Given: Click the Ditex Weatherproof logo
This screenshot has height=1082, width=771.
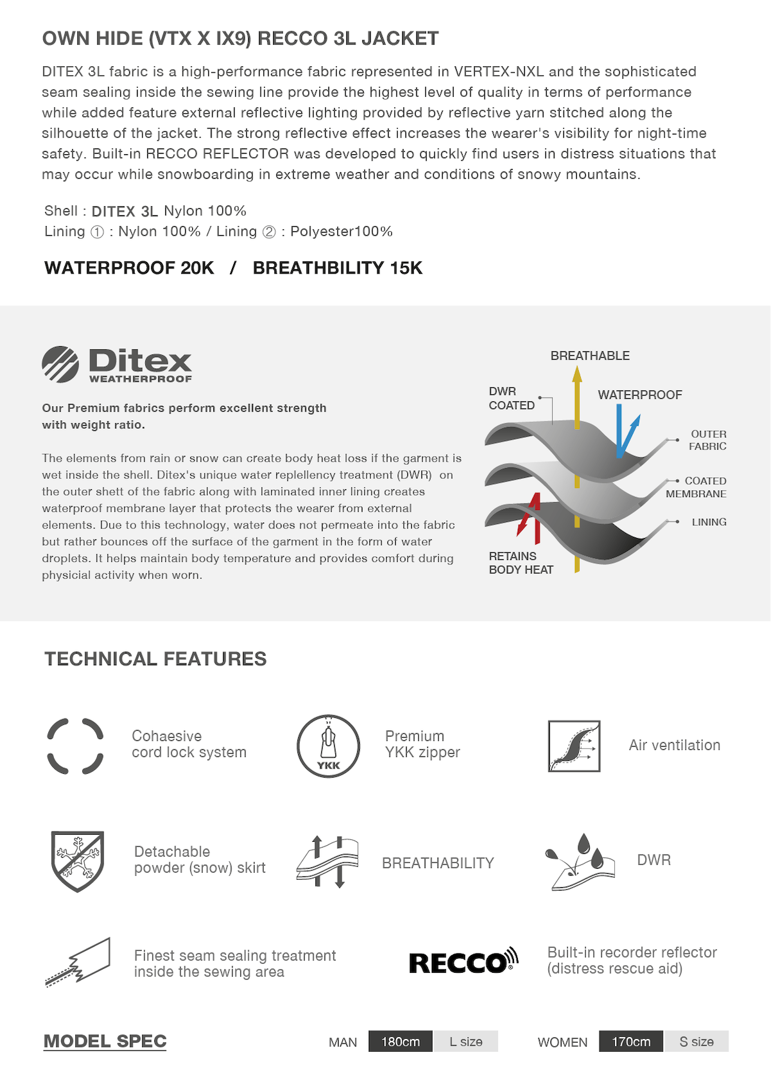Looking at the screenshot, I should (117, 365).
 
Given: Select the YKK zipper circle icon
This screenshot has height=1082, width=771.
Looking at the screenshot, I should (328, 746).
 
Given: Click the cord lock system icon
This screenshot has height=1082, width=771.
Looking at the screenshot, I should (75, 746).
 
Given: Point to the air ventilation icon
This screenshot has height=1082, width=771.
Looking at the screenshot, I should (574, 746).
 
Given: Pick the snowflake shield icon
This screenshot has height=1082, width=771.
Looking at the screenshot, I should (77, 860).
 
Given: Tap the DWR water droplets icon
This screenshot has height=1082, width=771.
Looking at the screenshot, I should (580, 862).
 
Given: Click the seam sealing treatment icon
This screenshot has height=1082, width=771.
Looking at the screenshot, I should (78, 962).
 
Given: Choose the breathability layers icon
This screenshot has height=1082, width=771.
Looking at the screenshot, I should (328, 862).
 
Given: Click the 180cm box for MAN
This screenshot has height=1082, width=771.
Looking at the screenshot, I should (400, 1042).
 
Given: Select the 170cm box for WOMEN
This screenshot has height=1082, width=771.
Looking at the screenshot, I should (630, 1042).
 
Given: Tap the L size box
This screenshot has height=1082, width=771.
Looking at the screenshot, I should (466, 1042).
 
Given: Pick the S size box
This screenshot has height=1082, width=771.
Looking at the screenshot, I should (696, 1042).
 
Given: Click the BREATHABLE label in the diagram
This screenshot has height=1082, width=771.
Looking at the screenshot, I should (590, 356).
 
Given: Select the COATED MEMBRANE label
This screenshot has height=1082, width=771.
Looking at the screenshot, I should (696, 487).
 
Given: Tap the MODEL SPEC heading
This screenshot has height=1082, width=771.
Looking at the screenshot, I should (105, 1041).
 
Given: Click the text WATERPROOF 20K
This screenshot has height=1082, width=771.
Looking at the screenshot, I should (129, 268).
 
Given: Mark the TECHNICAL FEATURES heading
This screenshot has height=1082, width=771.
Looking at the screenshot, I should (155, 659).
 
